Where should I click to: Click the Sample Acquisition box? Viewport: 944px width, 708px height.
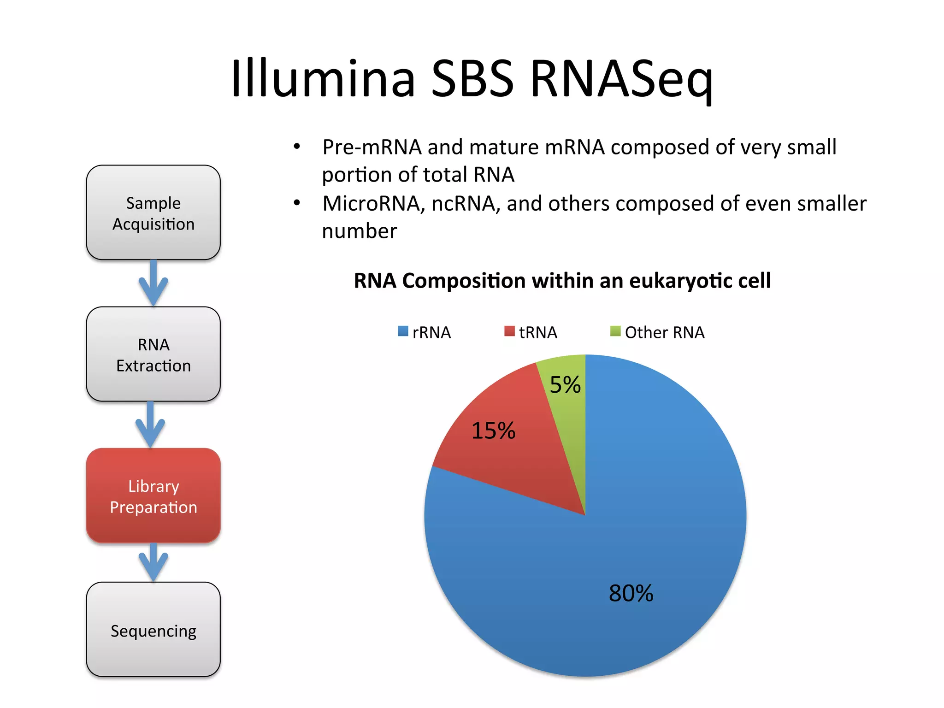point(153,212)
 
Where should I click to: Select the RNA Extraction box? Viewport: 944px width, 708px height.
point(153,354)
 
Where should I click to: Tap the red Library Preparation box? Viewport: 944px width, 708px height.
point(153,496)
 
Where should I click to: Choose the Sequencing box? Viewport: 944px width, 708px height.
point(153,630)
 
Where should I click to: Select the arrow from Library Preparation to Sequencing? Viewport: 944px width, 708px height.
point(153,562)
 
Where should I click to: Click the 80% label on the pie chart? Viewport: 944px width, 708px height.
point(631,593)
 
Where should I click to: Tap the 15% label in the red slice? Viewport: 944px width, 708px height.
point(493,431)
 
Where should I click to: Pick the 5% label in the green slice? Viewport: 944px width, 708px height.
point(565,385)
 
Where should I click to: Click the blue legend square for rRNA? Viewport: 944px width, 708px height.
point(403,331)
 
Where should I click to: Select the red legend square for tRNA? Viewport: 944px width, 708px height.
point(509,331)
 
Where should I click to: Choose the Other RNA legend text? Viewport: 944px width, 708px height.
point(664,332)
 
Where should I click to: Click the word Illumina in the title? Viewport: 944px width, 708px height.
point(323,78)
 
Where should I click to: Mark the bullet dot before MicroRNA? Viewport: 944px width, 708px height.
point(297,203)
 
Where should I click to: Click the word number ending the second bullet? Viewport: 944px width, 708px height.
point(359,231)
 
